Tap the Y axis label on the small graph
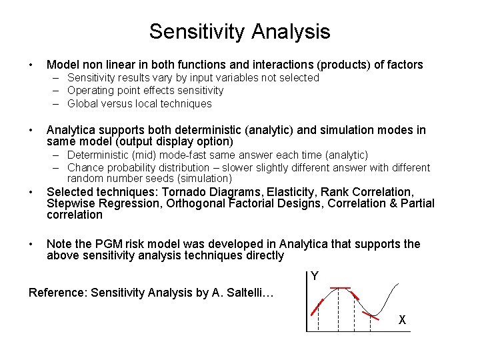coord(315,276)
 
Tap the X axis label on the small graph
coord(402,319)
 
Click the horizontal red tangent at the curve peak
coord(341,288)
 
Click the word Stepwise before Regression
coord(71,203)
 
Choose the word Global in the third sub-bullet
coord(85,103)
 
